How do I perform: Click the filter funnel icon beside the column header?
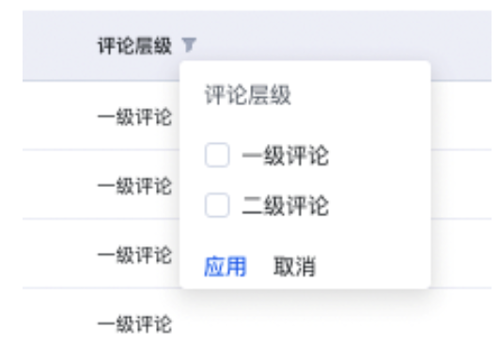189,44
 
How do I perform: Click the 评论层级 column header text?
134,45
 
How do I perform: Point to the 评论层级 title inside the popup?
247,95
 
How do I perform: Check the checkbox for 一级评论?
217,156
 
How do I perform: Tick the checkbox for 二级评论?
217,205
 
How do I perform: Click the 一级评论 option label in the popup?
285,156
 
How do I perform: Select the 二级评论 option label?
285,206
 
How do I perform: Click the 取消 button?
294,267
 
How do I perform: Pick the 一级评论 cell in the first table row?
134,117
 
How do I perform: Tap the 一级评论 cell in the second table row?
134,185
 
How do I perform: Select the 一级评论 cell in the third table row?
134,255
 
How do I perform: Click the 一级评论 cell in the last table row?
134,325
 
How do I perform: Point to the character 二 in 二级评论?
252,206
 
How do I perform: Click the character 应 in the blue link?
214,267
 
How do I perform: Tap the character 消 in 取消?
305,267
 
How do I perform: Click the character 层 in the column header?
144,45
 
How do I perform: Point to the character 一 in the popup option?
252,156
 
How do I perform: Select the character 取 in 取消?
283,267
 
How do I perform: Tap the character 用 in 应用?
236,267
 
